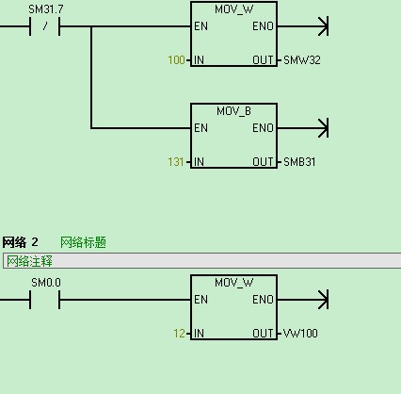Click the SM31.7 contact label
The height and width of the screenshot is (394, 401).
point(46,9)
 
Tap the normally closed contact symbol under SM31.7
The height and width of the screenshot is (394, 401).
point(44,26)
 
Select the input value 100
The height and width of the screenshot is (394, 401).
point(176,60)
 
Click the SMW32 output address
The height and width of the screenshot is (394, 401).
point(302,60)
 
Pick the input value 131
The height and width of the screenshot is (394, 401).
point(176,162)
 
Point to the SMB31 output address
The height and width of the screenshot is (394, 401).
point(299,162)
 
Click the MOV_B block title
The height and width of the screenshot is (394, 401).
point(233,111)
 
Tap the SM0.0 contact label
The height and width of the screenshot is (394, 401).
point(46,283)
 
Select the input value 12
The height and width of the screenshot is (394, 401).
point(179,334)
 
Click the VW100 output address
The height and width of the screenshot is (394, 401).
point(300,334)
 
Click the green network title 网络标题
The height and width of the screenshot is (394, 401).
point(83,242)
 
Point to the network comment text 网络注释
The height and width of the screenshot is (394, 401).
point(29,261)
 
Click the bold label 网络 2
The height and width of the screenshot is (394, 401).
point(20,242)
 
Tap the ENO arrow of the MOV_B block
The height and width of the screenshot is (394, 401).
point(303,128)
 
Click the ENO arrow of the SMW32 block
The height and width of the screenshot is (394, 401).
point(303,26)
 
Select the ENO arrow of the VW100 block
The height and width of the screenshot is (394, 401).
point(303,300)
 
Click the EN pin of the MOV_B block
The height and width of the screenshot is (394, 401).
point(200,128)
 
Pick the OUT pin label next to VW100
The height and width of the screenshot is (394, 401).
point(263,334)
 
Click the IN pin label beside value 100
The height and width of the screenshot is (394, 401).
point(199,60)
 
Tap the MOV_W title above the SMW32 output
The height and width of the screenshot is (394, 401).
point(233,9)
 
